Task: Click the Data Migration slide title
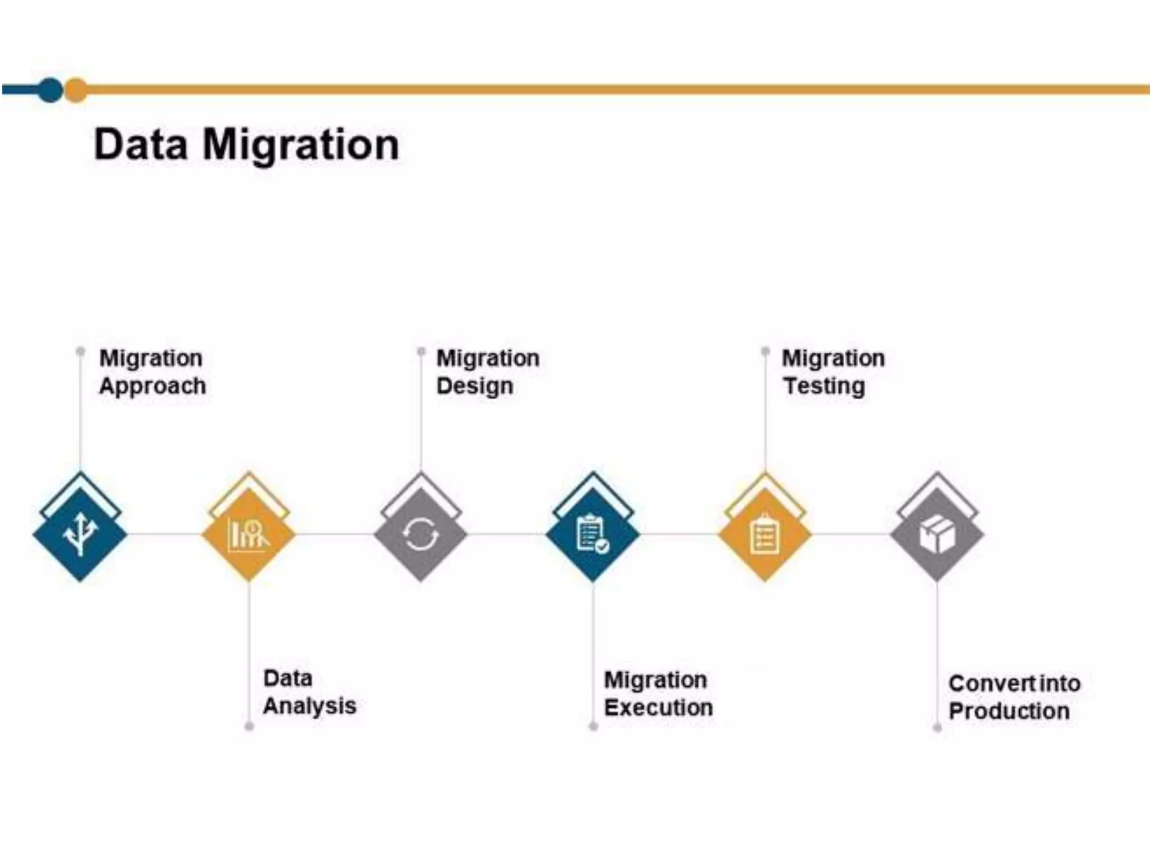point(246,145)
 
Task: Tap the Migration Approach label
point(152,372)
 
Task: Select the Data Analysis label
point(309,692)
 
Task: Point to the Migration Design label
point(487,372)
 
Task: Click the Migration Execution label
point(658,694)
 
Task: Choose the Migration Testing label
point(832,372)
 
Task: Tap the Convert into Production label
point(1014,697)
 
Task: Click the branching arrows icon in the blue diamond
point(80,534)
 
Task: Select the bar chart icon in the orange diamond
point(249,535)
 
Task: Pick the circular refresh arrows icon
point(421,534)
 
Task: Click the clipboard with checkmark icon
point(592,534)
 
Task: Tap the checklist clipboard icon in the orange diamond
point(765,534)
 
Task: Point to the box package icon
point(937,534)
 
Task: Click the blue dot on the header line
point(51,90)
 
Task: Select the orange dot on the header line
point(76,90)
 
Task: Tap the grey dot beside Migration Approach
point(80,352)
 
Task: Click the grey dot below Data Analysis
point(249,726)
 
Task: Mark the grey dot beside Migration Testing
point(765,352)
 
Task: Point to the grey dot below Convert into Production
point(937,728)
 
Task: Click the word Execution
point(658,708)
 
